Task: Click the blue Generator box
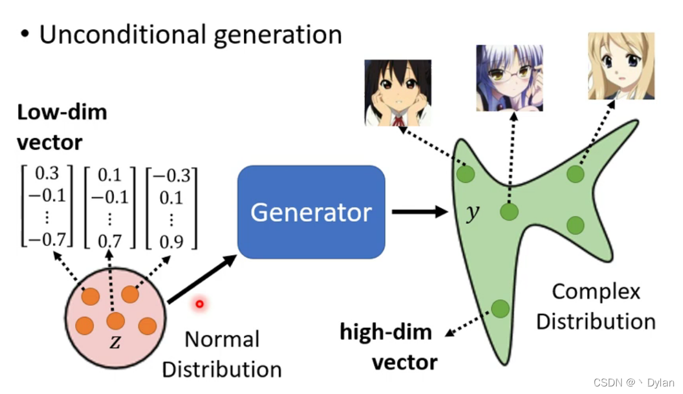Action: pos(311,212)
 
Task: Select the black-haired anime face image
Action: pos(398,93)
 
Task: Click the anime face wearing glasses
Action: pos(509,78)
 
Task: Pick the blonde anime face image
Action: pos(621,66)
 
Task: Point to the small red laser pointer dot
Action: pos(199,303)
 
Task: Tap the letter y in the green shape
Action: pos(474,214)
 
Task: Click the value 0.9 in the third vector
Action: pos(171,241)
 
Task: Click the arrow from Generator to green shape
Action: pos(418,212)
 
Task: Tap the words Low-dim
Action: pos(62,112)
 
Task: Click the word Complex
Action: pos(596,291)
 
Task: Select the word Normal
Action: pos(221,339)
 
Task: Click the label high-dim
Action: pos(386,332)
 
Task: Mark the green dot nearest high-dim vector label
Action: pos(500,309)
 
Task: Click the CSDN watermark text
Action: pos(634,382)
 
